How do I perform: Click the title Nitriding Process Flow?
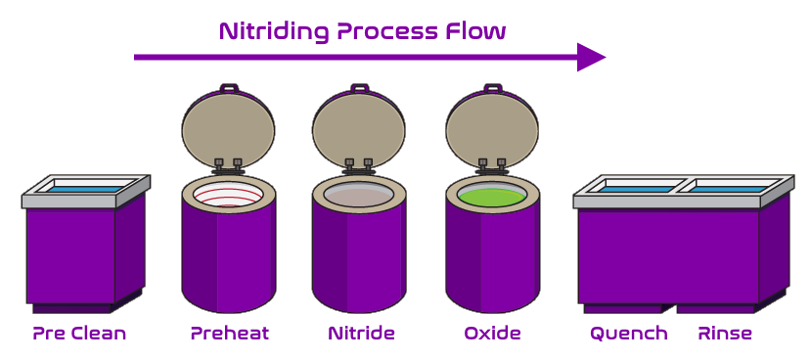(362, 30)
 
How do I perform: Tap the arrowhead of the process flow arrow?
(590, 58)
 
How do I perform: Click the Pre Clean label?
(79, 334)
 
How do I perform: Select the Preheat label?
(229, 334)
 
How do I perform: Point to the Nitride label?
(361, 334)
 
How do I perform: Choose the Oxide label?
(492, 334)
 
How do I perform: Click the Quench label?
(628, 334)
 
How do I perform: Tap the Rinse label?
(725, 334)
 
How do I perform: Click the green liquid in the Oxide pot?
(492, 196)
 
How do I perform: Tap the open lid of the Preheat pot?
(228, 127)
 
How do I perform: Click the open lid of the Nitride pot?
(358, 127)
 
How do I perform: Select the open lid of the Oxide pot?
(492, 127)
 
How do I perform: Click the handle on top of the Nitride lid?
(359, 88)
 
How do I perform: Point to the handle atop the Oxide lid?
(492, 88)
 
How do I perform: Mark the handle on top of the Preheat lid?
(229, 88)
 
